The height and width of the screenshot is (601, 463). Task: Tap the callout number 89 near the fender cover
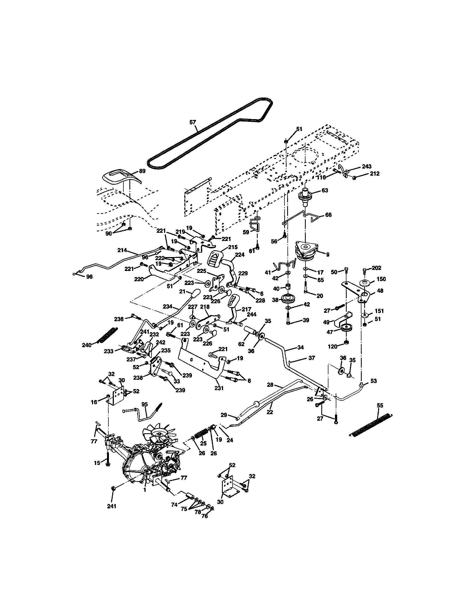click(142, 171)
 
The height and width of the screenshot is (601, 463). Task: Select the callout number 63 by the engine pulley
click(325, 190)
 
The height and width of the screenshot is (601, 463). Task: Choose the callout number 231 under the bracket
click(219, 388)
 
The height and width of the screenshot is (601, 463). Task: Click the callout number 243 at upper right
click(366, 166)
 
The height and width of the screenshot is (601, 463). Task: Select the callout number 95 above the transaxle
click(145, 404)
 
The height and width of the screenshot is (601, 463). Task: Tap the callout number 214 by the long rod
click(122, 250)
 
